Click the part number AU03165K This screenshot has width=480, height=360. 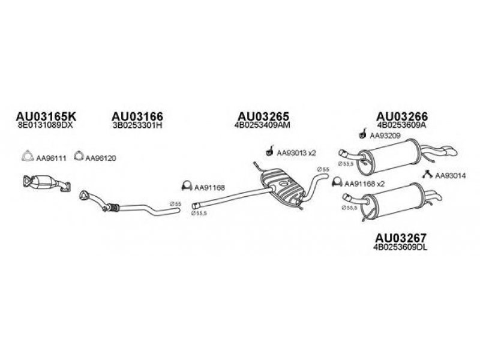pos(40,115)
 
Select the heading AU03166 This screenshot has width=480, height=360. pos(137,115)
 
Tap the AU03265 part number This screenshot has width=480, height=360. pos(264,115)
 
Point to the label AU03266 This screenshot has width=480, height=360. pos(402,115)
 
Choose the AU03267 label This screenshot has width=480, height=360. pos(401,236)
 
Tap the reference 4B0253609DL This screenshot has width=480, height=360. pos(401,246)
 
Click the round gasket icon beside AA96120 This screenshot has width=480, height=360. pos(77,157)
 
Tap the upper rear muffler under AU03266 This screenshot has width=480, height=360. pos(390,154)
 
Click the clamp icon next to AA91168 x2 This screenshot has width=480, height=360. pos(337,182)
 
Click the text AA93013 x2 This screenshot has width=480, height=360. pos(295,153)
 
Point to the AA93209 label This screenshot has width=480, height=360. pos(382,136)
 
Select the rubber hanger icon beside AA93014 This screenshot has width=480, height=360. pos(427,175)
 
